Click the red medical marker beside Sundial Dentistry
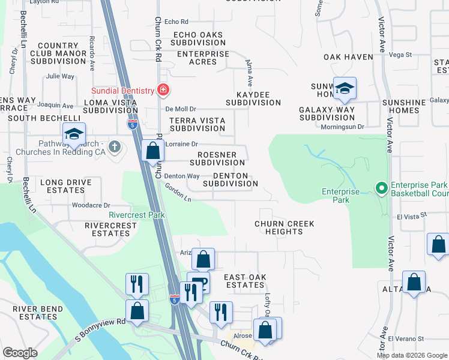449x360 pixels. (163, 91)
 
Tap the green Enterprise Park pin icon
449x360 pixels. (381, 188)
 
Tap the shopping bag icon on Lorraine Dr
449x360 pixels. (153, 151)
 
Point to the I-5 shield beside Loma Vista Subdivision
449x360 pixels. (132, 124)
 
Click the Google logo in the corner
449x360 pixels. (20, 353)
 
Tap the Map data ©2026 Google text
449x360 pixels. (412, 355)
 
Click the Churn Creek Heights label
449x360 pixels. (284, 227)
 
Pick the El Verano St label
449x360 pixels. (406, 339)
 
